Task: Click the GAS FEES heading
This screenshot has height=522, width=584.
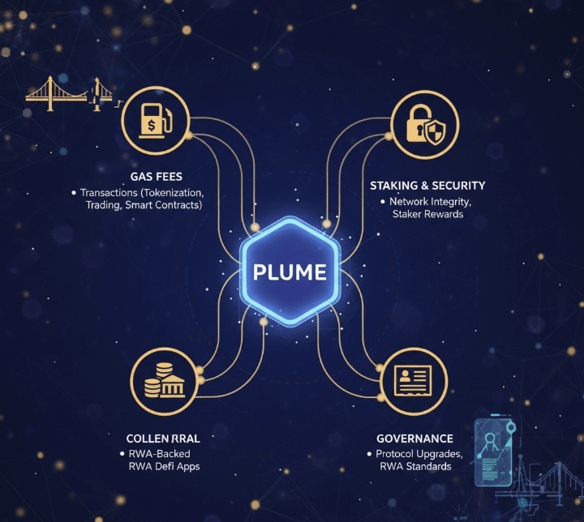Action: click(x=156, y=176)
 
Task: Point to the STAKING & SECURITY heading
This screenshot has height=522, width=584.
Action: click(x=427, y=186)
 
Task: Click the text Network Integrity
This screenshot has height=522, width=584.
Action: click(x=431, y=201)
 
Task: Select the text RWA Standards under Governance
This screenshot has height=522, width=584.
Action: click(x=414, y=467)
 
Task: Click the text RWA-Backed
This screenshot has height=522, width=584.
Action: click(x=163, y=453)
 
